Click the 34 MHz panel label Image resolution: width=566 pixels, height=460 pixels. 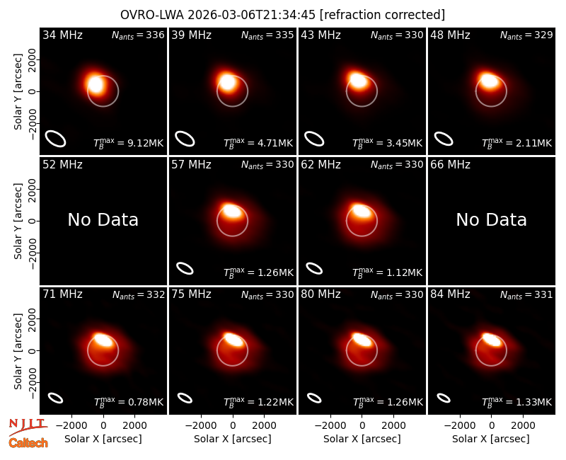tap(62, 35)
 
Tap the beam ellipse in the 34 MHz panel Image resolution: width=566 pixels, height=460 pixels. tap(55, 139)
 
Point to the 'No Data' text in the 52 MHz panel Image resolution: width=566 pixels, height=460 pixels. tap(103, 219)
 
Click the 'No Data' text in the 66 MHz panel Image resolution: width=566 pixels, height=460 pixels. tap(491, 219)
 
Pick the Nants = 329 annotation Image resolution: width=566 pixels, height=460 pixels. tap(526, 35)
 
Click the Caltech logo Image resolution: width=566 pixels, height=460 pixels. tap(28, 443)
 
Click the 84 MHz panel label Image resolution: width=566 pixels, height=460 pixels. tap(450, 294)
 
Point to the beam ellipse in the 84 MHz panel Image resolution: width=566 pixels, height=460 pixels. tap(444, 398)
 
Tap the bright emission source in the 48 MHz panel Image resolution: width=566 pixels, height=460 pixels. tap(489, 80)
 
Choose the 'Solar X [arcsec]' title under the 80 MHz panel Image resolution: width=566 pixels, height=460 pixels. tap(362, 439)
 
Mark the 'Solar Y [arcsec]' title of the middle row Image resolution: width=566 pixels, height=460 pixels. tap(18, 221)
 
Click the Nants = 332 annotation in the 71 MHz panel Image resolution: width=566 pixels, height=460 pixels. tap(138, 294)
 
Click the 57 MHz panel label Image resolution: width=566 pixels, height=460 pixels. tap(191, 165)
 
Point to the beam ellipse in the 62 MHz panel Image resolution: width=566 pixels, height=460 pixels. tap(314, 268)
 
